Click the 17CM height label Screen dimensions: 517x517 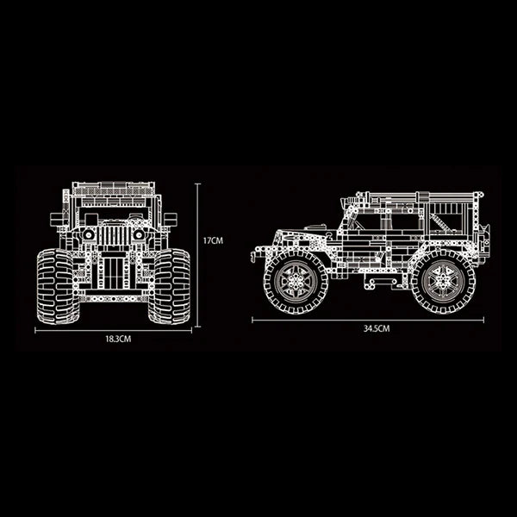(x=213, y=242)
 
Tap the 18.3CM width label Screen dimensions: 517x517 (x=117, y=339)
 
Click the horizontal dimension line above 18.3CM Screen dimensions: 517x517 (x=113, y=329)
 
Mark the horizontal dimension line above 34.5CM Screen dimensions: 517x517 (x=366, y=320)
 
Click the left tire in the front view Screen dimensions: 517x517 (x=56, y=285)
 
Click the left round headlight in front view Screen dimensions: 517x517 (x=88, y=234)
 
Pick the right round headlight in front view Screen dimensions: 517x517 (x=138, y=234)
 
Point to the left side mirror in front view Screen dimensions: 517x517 (x=58, y=219)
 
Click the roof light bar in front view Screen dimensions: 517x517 (x=113, y=186)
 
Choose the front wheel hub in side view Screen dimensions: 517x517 (x=296, y=280)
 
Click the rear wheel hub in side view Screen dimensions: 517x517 (x=442, y=280)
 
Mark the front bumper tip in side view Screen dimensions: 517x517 (x=254, y=256)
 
